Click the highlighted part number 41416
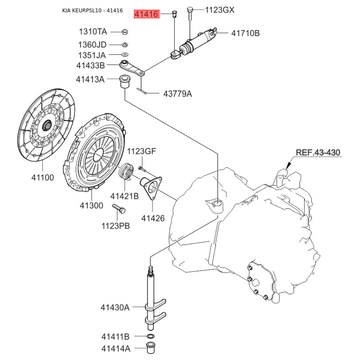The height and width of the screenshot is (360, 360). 147,14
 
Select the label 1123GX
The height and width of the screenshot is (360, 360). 220,10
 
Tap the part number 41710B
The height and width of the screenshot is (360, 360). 246,33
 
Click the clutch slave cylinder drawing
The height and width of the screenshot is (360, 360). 197,42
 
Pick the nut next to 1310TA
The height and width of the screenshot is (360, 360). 126,32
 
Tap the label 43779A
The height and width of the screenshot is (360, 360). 177,94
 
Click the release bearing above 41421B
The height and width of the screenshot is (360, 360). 126,171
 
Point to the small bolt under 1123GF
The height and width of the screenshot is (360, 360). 141,168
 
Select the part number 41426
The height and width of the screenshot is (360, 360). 153,218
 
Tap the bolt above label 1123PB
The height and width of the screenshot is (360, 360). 119,208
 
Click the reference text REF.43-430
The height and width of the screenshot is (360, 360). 318,153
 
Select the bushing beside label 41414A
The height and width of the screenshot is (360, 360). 152,348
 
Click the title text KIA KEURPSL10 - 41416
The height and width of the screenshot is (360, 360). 92,10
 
